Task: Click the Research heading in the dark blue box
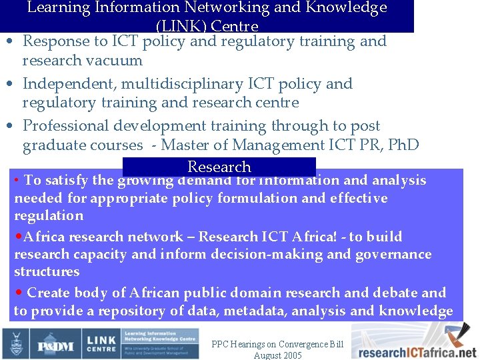(x=219, y=167)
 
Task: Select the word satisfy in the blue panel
(x=68, y=180)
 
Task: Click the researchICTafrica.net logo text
(x=414, y=352)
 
